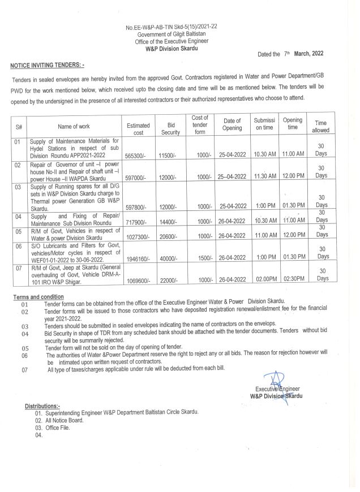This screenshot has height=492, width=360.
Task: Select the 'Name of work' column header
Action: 75,126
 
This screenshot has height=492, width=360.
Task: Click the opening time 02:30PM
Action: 293,280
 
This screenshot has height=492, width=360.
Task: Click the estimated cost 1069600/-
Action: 137,280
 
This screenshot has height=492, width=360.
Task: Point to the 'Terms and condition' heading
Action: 38,297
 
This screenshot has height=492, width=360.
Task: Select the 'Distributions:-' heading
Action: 42,406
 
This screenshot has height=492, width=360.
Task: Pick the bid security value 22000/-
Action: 170,280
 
